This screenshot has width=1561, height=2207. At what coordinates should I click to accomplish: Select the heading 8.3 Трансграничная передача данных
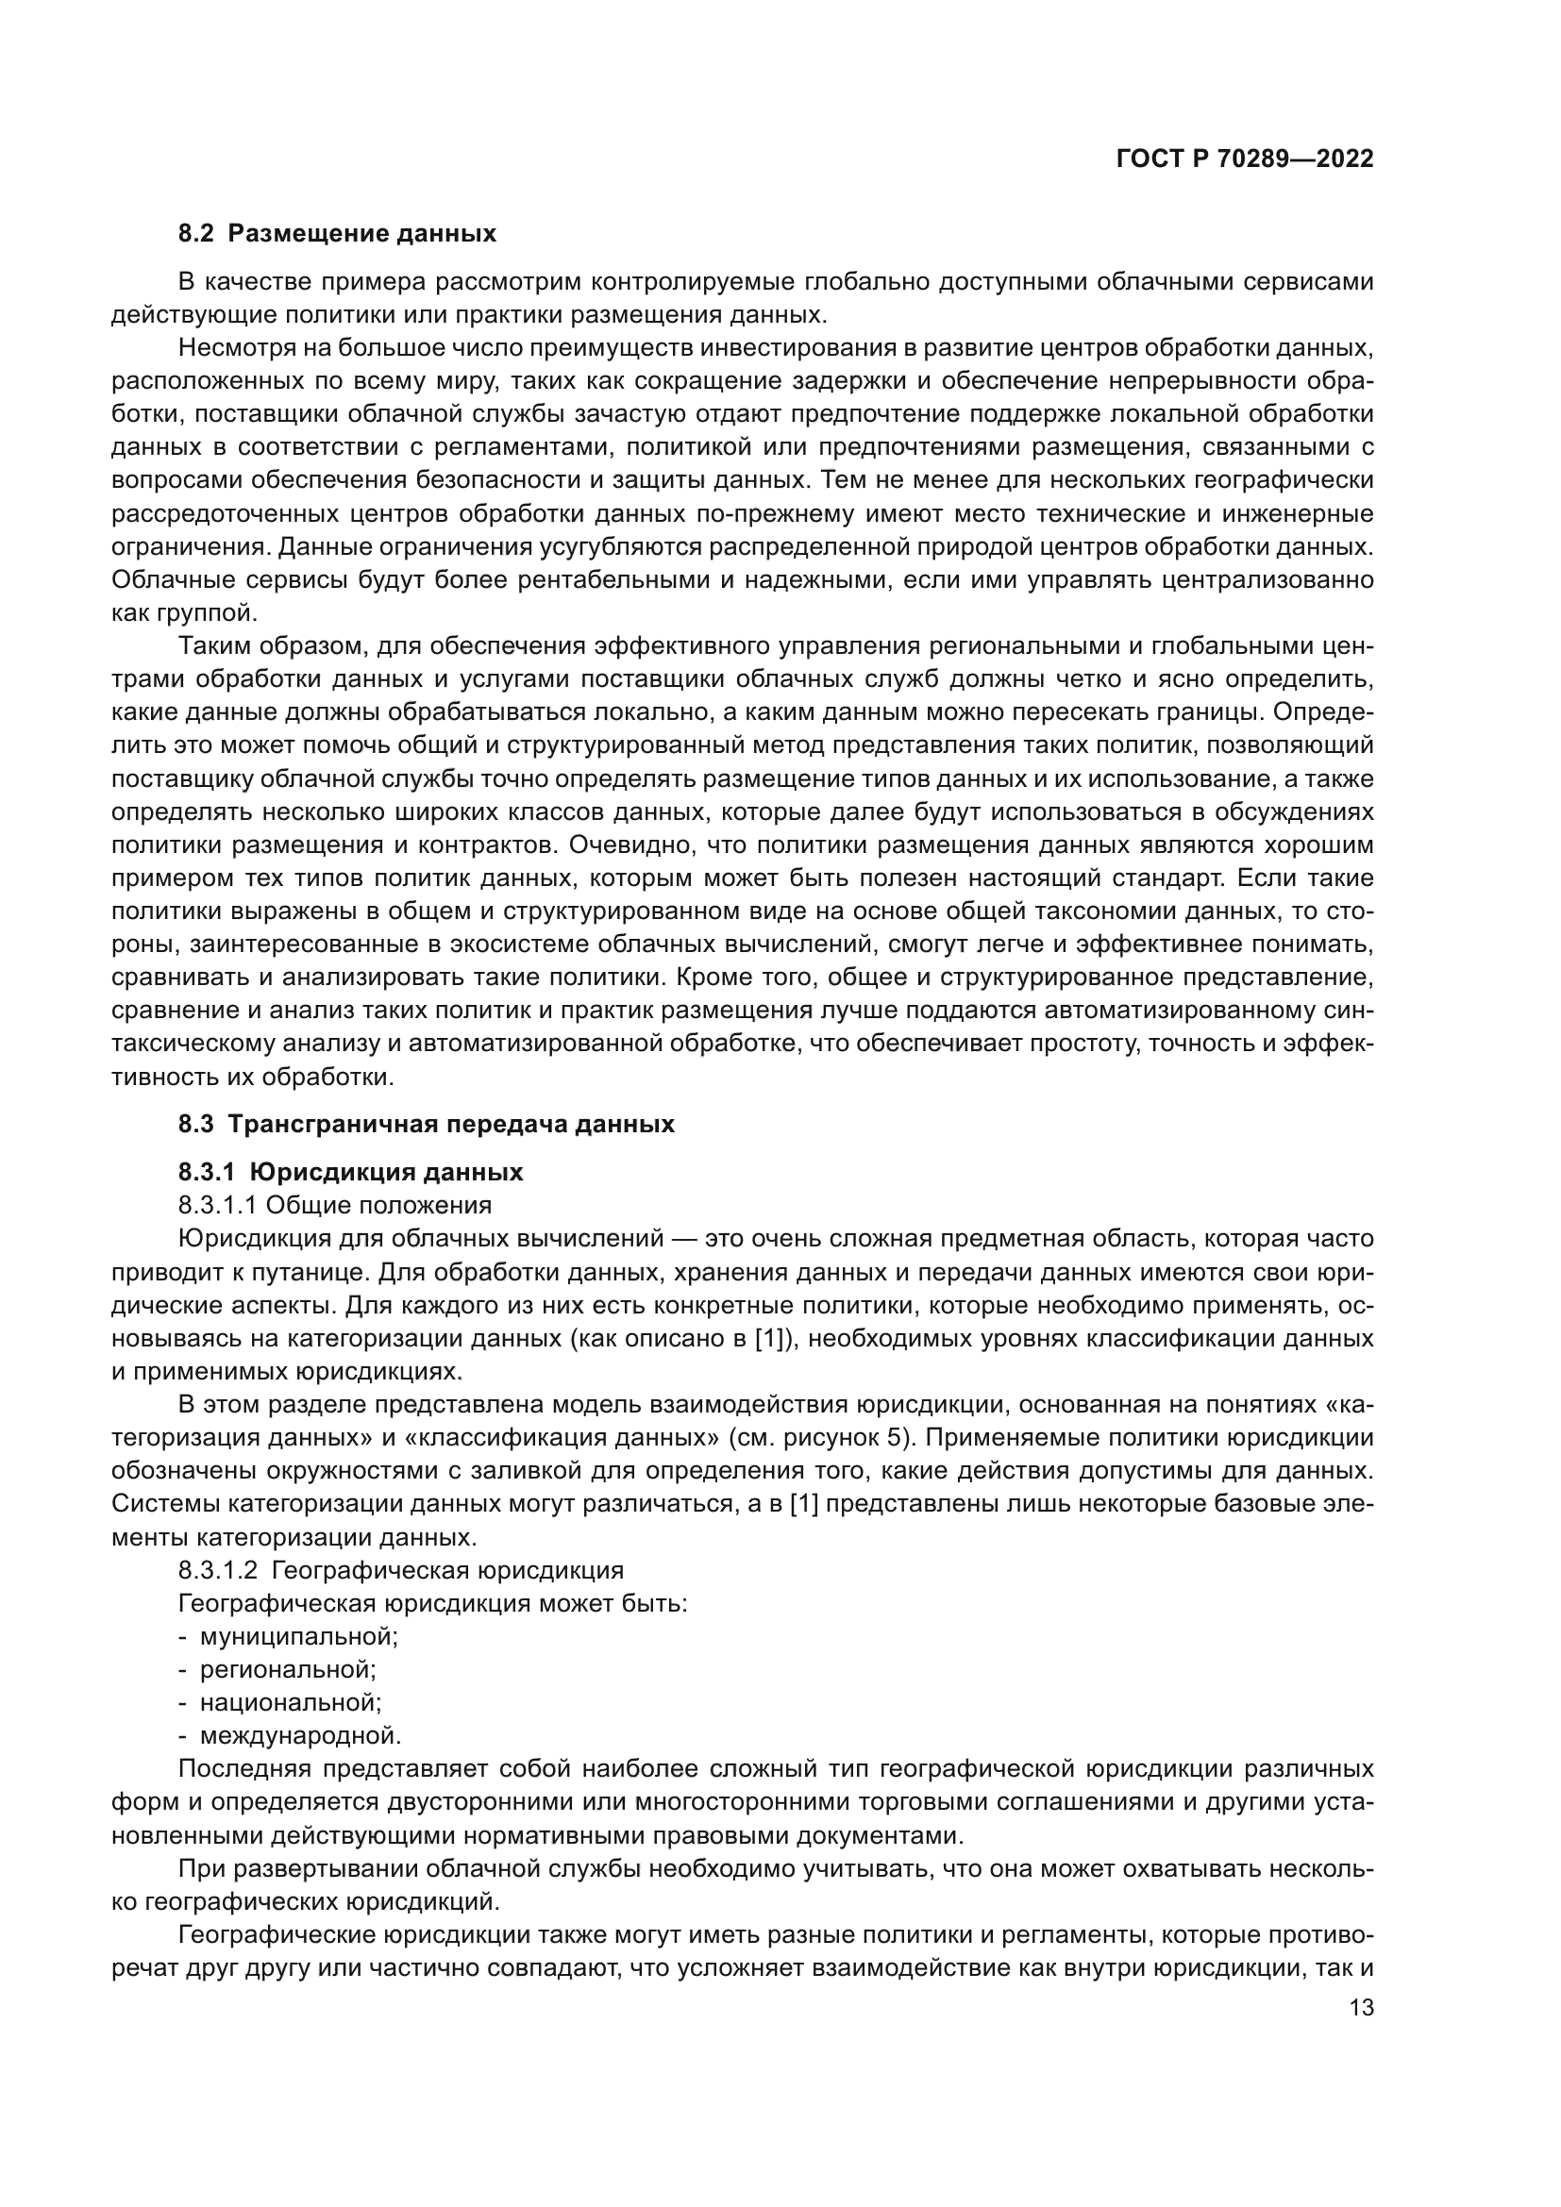426,1124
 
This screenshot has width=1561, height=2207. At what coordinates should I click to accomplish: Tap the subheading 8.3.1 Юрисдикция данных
351,1172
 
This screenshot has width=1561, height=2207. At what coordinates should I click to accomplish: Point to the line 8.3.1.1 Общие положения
334,1205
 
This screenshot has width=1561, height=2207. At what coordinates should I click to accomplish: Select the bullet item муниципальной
298,1636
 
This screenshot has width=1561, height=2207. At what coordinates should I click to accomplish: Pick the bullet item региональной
288,1670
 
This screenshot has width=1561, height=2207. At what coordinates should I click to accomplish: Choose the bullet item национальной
291,1702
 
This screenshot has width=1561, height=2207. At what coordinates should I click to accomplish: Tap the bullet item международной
300,1736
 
